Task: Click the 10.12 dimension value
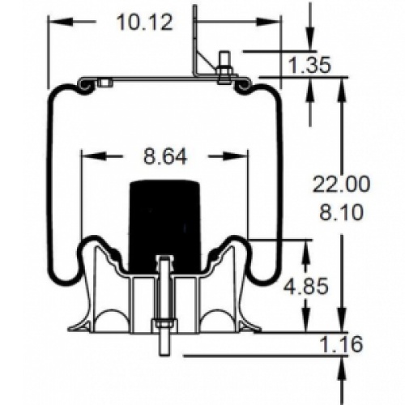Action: coord(145,23)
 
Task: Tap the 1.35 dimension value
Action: coord(309,65)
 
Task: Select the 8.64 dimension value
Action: coord(165,157)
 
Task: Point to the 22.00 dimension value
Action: coord(341,185)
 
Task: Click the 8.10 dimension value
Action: coord(341,212)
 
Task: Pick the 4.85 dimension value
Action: coord(306,286)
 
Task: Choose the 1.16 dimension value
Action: coord(341,344)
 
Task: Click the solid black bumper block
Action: coord(165,225)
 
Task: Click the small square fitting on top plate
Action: coord(105,83)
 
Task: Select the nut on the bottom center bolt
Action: coord(164,322)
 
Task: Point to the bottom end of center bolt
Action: coord(164,356)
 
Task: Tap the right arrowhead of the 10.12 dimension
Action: coord(267,22)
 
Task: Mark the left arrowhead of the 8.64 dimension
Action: coord(92,156)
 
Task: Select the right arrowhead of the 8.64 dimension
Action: coord(235,156)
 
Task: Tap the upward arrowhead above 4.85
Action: coord(306,253)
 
